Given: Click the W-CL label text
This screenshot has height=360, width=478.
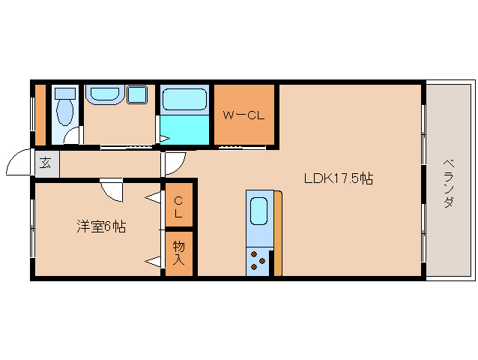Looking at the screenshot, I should pos(244,116).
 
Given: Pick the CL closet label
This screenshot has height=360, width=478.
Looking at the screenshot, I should pos(179,206).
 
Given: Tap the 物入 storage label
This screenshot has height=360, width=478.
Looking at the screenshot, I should pos(179,253).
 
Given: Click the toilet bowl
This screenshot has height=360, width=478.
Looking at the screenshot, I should pos(65,112).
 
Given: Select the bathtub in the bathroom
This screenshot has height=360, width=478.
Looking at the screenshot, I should pos(184,100).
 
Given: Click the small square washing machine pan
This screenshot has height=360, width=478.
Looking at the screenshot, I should pos(136,94).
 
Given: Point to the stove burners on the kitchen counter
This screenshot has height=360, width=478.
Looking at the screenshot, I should pos(258,260).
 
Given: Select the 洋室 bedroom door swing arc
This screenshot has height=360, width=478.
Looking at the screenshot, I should pos(112,192).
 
